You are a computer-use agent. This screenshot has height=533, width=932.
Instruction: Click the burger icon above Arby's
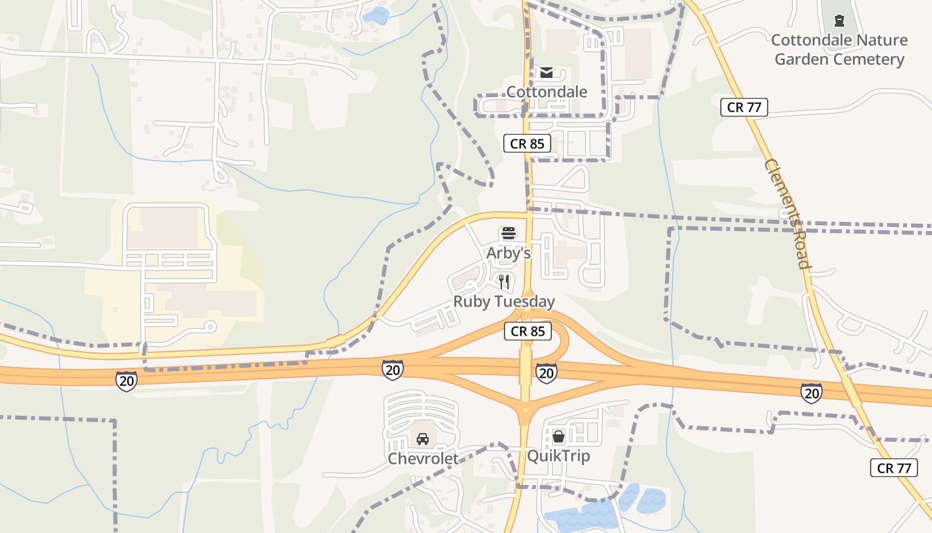point(509,234)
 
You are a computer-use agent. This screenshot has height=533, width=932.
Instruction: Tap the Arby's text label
point(509,253)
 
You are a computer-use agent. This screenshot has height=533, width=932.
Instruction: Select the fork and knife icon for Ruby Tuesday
point(504,282)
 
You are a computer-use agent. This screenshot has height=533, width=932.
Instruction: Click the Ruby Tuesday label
point(504,302)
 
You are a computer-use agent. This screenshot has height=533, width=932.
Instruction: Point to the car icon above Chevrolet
point(422,439)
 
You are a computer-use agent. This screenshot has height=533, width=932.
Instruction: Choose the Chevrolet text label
point(423,458)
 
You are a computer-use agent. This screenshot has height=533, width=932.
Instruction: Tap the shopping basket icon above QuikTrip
point(559,436)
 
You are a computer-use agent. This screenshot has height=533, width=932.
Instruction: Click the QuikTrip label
point(559,456)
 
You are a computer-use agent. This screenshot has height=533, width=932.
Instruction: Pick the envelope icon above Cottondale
point(547,72)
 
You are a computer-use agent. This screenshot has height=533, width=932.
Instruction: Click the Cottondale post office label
point(547,91)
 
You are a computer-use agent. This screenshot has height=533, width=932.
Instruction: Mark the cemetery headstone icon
point(839,21)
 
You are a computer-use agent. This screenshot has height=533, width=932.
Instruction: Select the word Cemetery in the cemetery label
point(869,59)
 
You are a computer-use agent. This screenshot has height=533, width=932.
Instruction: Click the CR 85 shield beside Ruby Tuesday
point(528,331)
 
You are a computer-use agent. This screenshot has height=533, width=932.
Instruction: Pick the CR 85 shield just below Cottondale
point(527,143)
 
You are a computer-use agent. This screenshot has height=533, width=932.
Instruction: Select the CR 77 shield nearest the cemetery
point(744,107)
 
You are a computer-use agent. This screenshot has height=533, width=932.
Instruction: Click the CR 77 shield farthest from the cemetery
point(894,468)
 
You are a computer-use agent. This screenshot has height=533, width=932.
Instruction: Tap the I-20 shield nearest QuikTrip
point(546,373)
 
